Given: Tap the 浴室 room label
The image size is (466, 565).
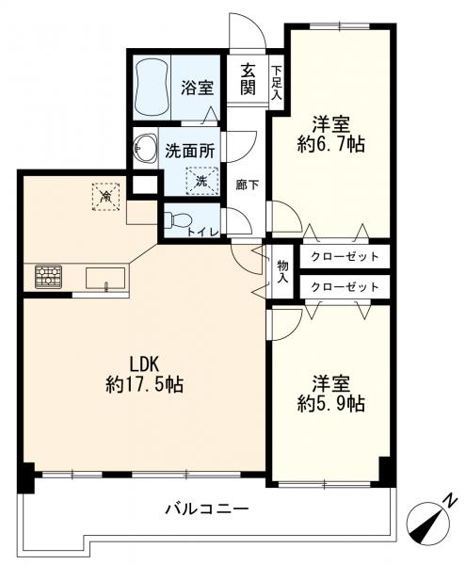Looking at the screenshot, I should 197,88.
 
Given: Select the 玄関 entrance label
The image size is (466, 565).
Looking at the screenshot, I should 248,79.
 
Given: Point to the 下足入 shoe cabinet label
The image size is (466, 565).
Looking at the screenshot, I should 276,81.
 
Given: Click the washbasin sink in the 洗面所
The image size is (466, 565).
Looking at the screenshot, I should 146,147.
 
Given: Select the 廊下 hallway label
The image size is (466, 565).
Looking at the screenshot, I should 246,185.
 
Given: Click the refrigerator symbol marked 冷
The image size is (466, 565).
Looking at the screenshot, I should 106,195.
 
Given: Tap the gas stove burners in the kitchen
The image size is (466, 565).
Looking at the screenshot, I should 47,276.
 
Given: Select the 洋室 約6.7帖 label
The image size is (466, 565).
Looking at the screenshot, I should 332,134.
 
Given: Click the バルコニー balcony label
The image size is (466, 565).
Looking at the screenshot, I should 206,509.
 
